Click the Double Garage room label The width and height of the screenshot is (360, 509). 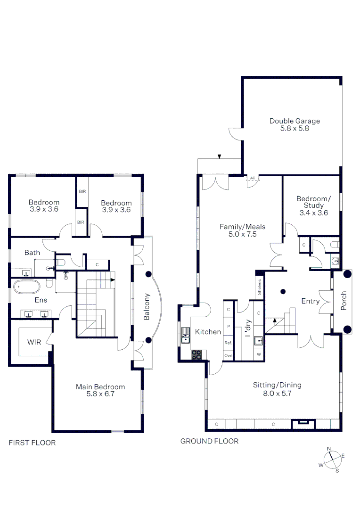click(x=295, y=121)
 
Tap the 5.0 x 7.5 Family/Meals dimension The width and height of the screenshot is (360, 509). click(x=242, y=234)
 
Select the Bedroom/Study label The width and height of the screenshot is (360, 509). click(x=313, y=202)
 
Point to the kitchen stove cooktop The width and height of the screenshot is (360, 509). click(x=196, y=355)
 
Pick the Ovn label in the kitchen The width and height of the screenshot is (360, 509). click(x=228, y=355)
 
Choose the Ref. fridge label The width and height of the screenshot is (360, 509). click(x=228, y=343)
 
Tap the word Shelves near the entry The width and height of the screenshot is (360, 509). click(x=259, y=287)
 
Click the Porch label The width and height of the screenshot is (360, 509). click(x=344, y=301)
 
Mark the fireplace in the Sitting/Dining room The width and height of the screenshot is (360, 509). click(x=303, y=424)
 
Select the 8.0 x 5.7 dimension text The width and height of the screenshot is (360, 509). click(x=277, y=394)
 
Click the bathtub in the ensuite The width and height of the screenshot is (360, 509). click(x=27, y=287)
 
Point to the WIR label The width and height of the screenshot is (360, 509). click(x=34, y=342)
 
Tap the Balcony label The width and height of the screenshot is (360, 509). click(x=147, y=307)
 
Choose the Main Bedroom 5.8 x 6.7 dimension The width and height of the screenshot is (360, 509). click(x=100, y=394)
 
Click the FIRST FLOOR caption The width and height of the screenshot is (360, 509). click(x=32, y=443)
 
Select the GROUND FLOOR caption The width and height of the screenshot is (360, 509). click(x=209, y=441)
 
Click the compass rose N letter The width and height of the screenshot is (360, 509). click(x=328, y=449)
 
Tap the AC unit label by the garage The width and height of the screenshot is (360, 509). click(x=253, y=178)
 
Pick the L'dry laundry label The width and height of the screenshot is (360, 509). click(x=248, y=328)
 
